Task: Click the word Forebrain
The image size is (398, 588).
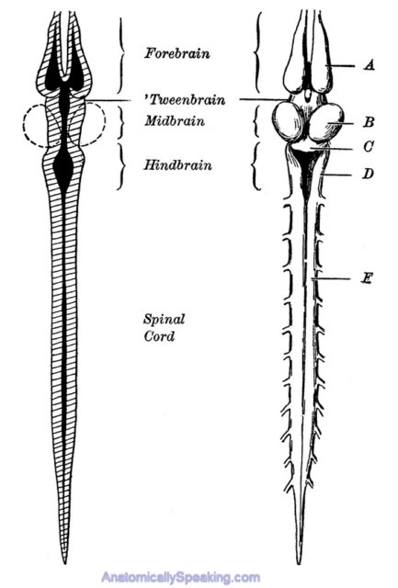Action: click(177, 53)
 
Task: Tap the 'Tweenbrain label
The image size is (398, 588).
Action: click(185, 100)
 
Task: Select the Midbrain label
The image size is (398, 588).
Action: click(175, 121)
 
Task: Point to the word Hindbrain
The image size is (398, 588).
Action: click(177, 165)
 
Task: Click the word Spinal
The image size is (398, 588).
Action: click(164, 320)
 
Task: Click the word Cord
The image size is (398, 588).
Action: click(159, 336)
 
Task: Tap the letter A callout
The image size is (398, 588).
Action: click(370, 65)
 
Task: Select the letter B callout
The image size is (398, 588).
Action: click(370, 122)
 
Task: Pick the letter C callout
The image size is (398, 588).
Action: click(369, 146)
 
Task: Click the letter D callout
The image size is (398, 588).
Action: click(369, 174)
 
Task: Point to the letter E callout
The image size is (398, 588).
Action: click(367, 278)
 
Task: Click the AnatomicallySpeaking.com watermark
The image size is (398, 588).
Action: click(180, 577)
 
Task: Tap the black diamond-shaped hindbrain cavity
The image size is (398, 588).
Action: click(63, 169)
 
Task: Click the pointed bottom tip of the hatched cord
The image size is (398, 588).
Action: click(65, 563)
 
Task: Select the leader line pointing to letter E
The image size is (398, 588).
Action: click(331, 278)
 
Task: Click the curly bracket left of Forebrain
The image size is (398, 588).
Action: click(120, 55)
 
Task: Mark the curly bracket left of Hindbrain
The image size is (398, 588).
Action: click(120, 166)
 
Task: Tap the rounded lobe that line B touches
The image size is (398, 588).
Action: click(326, 122)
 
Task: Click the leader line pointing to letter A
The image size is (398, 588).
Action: click(341, 66)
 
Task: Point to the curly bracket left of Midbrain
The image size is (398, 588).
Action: click(120, 122)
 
